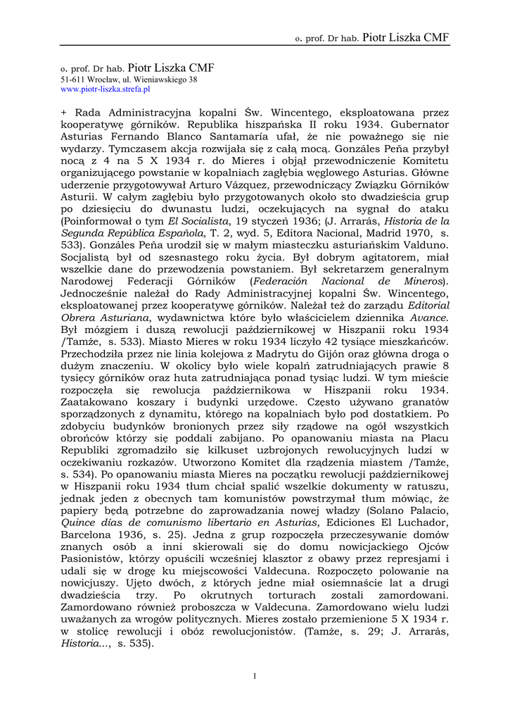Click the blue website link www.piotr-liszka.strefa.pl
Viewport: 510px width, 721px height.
[x=106, y=90]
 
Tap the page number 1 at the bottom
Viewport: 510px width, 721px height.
[x=255, y=676]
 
